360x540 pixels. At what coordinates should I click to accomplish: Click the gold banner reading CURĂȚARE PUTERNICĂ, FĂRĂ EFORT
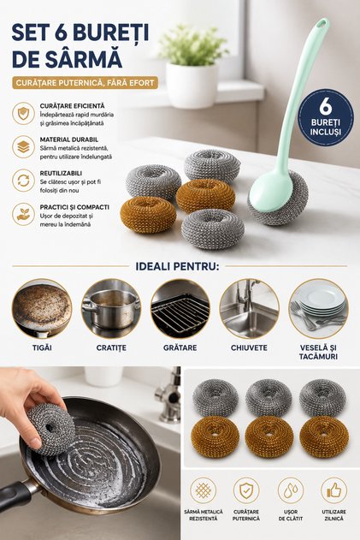click(x=85, y=83)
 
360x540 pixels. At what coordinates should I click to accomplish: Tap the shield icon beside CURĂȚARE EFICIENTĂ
click(x=23, y=113)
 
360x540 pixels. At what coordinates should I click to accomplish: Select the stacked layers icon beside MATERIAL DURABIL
click(x=23, y=147)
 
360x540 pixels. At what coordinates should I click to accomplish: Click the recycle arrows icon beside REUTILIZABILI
click(x=23, y=181)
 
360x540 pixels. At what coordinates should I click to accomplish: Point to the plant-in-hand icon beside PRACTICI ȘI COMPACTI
click(x=23, y=215)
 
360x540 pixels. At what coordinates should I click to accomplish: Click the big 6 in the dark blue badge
click(x=325, y=106)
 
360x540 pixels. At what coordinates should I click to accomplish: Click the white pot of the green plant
click(x=192, y=86)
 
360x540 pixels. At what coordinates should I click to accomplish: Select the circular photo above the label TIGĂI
click(x=42, y=309)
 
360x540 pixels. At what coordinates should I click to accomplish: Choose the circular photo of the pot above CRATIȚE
click(x=111, y=309)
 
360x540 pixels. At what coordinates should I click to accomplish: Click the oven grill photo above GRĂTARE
click(x=180, y=309)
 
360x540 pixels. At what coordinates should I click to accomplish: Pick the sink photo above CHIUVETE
click(x=249, y=309)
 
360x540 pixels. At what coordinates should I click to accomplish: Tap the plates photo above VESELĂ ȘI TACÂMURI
click(x=318, y=309)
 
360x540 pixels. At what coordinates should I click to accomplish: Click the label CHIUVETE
click(x=249, y=347)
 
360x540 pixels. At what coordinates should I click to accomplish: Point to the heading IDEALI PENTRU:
click(x=177, y=266)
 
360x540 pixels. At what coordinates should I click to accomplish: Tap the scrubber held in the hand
click(x=50, y=429)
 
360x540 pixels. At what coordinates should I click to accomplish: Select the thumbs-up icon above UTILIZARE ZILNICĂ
click(x=333, y=490)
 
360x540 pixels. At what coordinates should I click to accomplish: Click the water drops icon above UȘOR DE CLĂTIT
click(x=291, y=490)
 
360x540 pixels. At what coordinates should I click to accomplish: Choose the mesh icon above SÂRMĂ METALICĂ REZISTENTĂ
click(x=204, y=490)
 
